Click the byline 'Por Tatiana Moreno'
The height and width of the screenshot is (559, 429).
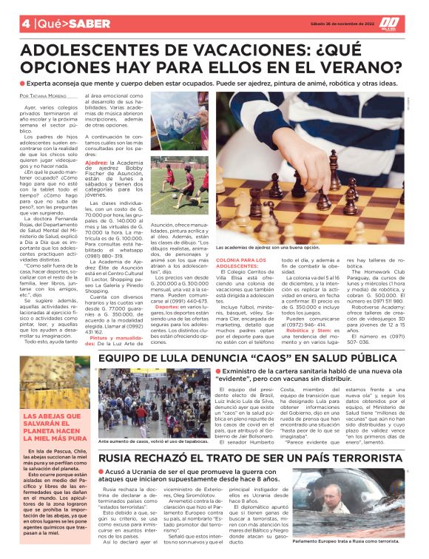pyautogui.click(x=46, y=97)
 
